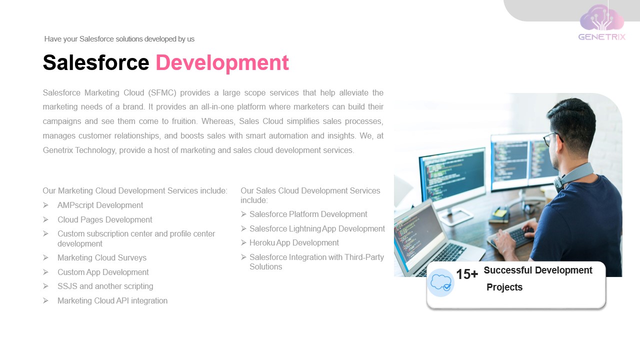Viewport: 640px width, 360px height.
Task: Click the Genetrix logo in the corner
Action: pos(601,22)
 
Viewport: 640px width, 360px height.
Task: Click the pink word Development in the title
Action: pos(222,63)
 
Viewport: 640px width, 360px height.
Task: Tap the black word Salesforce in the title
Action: pos(96,63)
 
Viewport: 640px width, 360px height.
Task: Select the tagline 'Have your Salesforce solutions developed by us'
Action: pos(119,39)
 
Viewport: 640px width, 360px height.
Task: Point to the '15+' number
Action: pos(466,274)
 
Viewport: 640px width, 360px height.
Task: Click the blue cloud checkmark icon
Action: pos(440,282)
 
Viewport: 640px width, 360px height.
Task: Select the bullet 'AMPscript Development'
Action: pos(100,205)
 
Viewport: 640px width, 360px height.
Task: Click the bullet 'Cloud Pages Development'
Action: pos(104,220)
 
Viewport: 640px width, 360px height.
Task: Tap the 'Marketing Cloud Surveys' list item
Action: pos(102,258)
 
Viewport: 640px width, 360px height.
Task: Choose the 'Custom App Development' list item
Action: pos(103,272)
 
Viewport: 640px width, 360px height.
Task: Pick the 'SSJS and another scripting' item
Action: pos(105,286)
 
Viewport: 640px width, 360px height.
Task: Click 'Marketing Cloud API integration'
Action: pos(112,301)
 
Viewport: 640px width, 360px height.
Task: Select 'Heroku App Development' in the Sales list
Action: pos(294,243)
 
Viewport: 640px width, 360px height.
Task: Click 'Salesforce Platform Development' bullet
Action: pos(308,214)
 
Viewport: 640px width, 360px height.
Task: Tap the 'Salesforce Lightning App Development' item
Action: pos(317,229)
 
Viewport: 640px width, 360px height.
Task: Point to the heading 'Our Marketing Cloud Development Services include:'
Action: pos(135,191)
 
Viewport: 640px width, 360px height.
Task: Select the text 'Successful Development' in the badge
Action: pos(538,270)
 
